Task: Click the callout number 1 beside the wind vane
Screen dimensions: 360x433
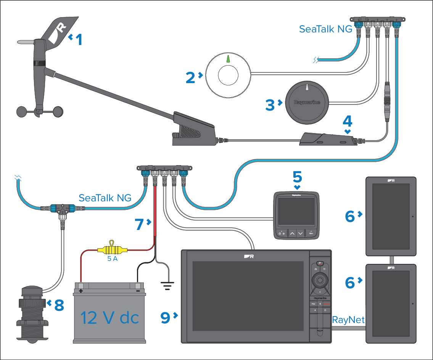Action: coord(79,39)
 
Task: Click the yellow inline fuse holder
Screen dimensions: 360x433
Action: coord(112,250)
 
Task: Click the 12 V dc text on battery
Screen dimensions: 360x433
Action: coord(109,317)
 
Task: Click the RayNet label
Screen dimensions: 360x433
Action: coord(348,320)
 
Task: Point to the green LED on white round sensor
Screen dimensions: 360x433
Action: coord(228,59)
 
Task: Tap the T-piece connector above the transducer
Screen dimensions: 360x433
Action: coord(61,209)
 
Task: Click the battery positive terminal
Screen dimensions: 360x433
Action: coord(81,286)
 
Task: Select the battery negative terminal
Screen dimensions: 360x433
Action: coord(138,286)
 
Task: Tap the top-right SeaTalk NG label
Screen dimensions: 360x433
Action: coord(325,29)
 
